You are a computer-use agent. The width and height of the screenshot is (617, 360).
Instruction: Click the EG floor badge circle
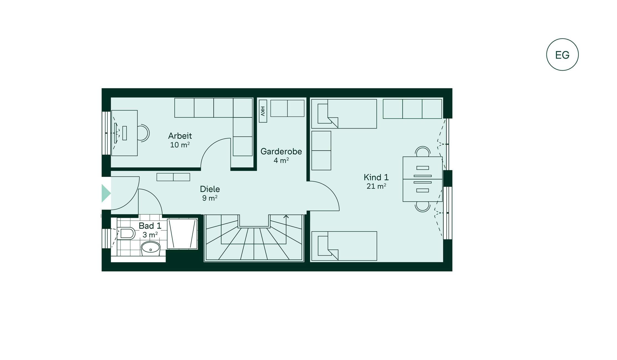[562, 39]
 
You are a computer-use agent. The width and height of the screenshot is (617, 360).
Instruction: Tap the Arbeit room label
[180, 136]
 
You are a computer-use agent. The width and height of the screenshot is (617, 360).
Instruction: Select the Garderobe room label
[281, 151]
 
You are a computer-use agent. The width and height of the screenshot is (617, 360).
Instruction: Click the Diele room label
[210, 189]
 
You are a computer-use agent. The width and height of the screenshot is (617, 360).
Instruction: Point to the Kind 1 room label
[376, 177]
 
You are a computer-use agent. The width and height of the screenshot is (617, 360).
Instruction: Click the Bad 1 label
[150, 226]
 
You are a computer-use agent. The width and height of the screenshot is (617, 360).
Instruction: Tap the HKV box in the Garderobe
[263, 111]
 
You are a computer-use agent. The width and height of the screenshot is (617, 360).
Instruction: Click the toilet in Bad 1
[126, 233]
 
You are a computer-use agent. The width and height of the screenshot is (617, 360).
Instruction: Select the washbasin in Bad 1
[151, 249]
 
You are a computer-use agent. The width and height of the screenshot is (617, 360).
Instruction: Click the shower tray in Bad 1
[182, 234]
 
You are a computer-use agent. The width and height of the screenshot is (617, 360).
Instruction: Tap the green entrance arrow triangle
[106, 193]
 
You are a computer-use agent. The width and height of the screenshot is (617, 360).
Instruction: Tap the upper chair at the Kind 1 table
[423, 151]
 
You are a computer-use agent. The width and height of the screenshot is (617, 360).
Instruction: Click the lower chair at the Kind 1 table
[423, 207]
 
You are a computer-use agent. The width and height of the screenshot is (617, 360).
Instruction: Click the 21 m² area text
[376, 186]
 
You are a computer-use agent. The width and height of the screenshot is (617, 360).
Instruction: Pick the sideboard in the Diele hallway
[173, 177]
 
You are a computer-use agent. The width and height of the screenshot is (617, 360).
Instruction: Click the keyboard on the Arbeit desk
[125, 133]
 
